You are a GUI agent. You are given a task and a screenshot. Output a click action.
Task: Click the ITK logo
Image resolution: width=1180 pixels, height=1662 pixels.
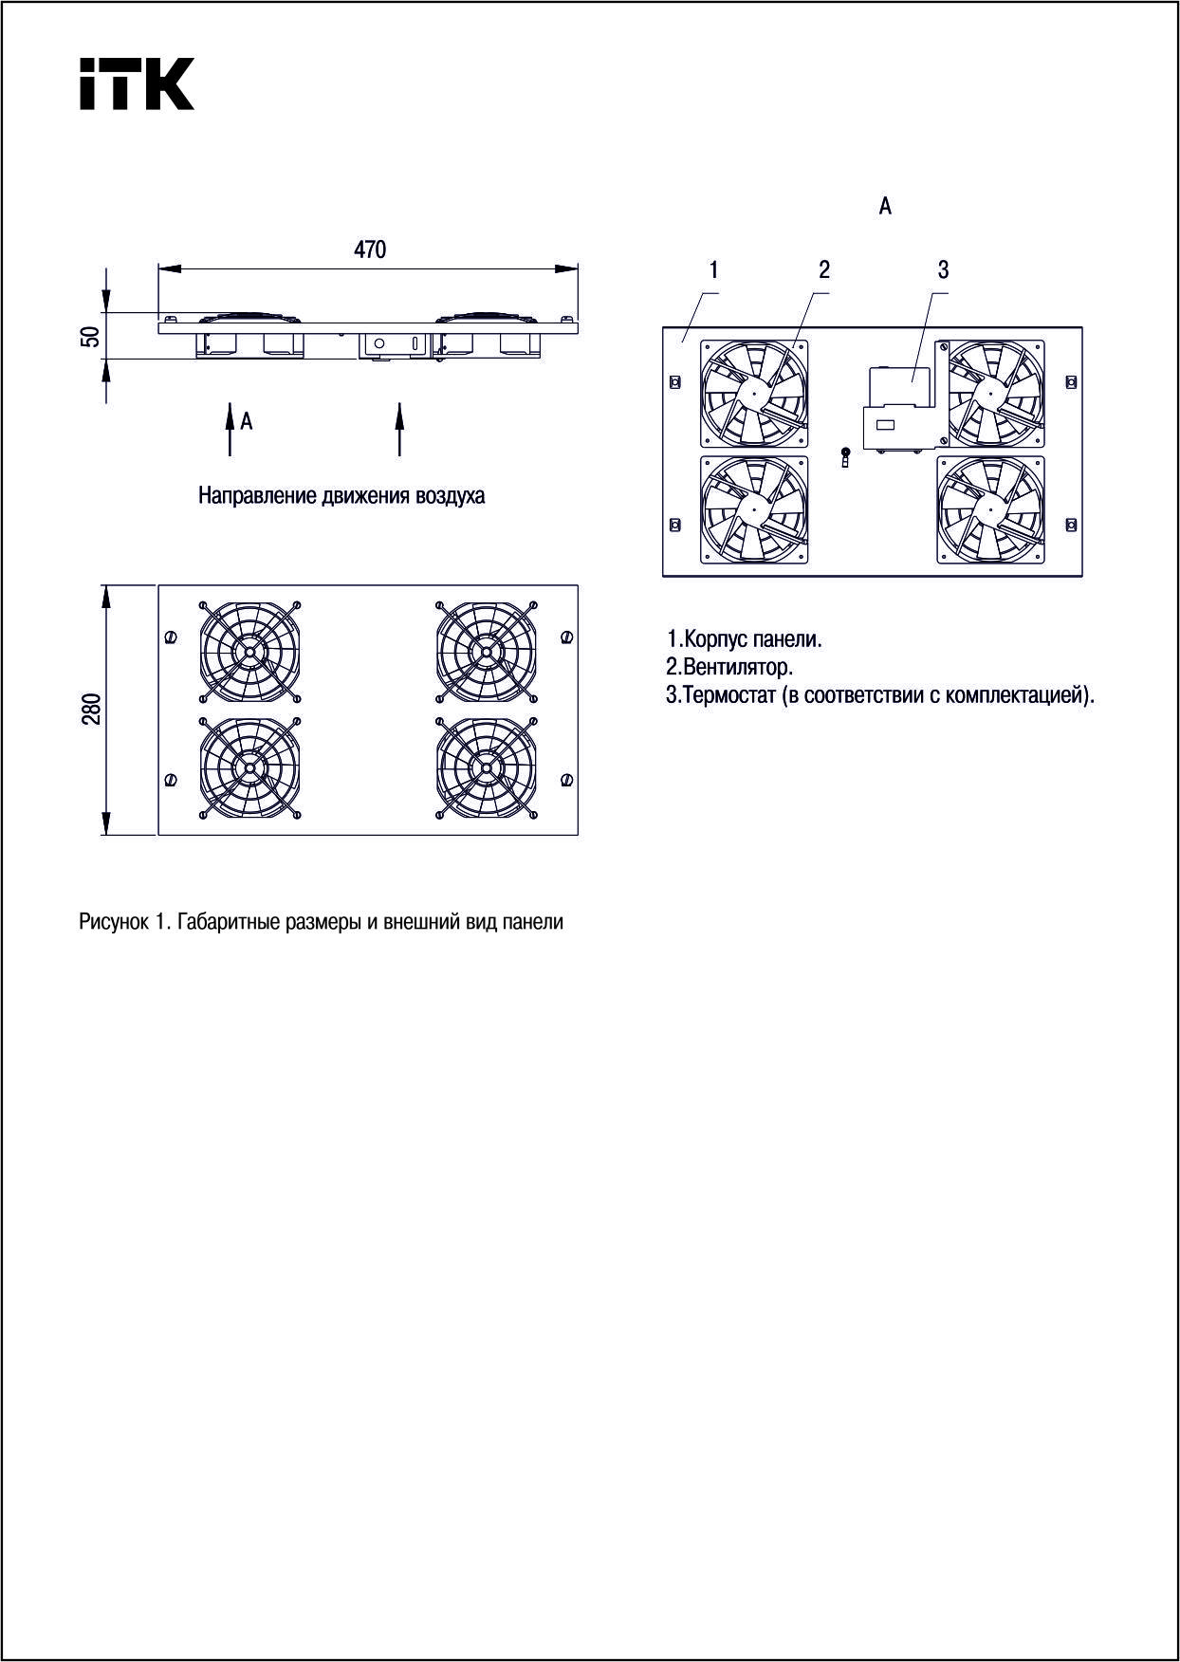(137, 83)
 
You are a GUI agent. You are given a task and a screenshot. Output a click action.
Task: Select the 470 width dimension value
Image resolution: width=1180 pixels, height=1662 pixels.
(370, 249)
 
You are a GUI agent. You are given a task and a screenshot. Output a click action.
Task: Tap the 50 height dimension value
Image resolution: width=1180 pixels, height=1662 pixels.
(90, 336)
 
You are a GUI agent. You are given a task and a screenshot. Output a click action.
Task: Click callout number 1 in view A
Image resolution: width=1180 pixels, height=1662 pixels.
(713, 270)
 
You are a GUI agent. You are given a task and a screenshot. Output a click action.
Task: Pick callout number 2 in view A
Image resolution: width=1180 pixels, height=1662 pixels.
(823, 270)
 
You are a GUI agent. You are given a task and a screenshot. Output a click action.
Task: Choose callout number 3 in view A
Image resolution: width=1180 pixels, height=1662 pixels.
(943, 270)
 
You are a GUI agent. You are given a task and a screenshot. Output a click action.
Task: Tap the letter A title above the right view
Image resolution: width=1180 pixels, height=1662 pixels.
(885, 206)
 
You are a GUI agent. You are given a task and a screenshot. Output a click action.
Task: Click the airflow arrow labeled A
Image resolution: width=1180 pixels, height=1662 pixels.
(230, 429)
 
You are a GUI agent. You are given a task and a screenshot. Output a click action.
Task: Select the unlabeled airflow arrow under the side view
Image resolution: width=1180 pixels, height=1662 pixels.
(399, 429)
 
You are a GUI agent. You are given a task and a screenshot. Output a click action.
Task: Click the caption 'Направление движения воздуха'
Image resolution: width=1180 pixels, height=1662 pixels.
(341, 496)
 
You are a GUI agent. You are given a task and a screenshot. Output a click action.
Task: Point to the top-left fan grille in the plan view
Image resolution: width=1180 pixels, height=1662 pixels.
(249, 651)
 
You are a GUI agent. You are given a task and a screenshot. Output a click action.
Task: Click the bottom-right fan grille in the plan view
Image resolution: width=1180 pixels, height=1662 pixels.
(486, 767)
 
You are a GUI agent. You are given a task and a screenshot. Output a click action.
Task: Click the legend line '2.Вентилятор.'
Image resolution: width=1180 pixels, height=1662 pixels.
(729, 667)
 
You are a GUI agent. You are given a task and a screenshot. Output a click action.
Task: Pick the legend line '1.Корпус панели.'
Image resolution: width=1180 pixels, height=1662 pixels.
(745, 639)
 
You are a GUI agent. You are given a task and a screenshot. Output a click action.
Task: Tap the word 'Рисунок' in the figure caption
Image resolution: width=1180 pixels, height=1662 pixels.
(113, 922)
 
